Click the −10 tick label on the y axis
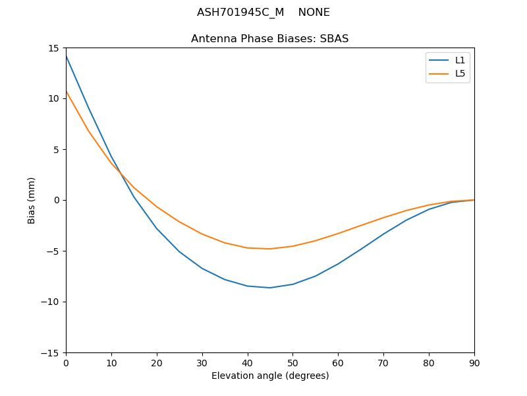click(52, 302)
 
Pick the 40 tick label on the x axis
click(247, 362)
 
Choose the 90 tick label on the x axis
click(474, 362)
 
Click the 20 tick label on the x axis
click(157, 362)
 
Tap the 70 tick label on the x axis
click(383, 362)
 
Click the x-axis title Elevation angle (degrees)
click(270, 376)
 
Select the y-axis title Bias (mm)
click(32, 201)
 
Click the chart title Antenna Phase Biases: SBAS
click(270, 39)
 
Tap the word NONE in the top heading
click(314, 13)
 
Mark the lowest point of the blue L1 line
click(270, 288)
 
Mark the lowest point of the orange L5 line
click(270, 249)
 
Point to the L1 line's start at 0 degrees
click(67, 56)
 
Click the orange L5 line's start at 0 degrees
click(67, 91)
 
